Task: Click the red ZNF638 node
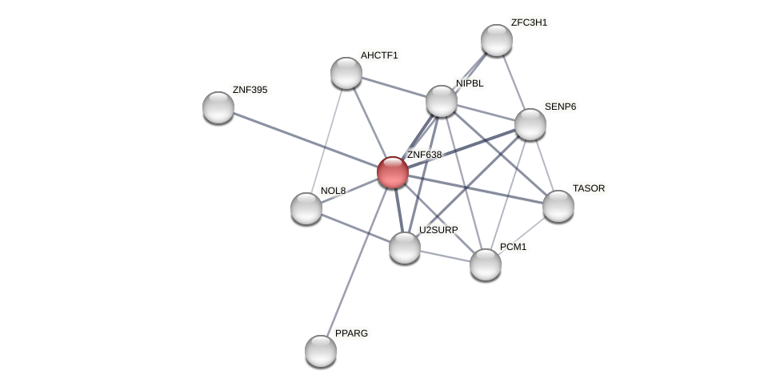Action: coord(392,172)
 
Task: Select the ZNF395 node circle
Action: coord(218,107)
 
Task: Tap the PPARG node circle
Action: coord(321,351)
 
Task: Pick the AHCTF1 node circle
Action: coord(346,73)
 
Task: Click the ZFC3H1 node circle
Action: coord(496,40)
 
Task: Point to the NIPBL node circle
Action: coord(442,101)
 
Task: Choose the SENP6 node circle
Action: coord(530,124)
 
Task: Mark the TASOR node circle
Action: coord(558,206)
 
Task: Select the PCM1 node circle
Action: coord(485,264)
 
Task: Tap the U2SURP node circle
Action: coord(405,247)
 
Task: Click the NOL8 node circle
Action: coord(306,208)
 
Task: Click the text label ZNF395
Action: coord(250,90)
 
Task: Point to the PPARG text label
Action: coord(351,333)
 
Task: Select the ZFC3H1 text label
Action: coord(529,22)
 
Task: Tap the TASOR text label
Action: coord(589,188)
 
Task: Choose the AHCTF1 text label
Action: coord(378,55)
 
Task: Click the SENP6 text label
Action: coord(560,107)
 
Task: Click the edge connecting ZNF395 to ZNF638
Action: coord(304,139)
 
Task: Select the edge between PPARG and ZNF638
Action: coord(357,260)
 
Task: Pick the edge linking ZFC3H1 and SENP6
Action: coord(513,82)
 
